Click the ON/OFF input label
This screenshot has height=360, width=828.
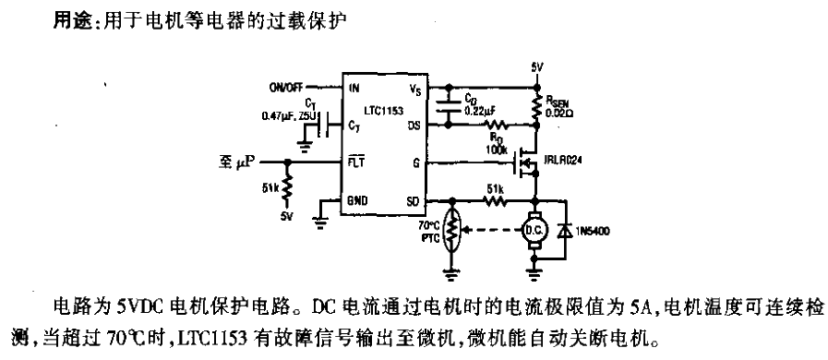point(288,87)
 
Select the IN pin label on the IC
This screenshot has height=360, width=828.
point(354,88)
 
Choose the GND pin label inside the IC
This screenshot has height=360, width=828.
point(357,199)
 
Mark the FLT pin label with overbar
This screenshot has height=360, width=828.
point(354,162)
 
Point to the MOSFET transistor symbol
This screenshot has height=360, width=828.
point(526,162)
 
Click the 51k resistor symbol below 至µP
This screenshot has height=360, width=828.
point(288,188)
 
